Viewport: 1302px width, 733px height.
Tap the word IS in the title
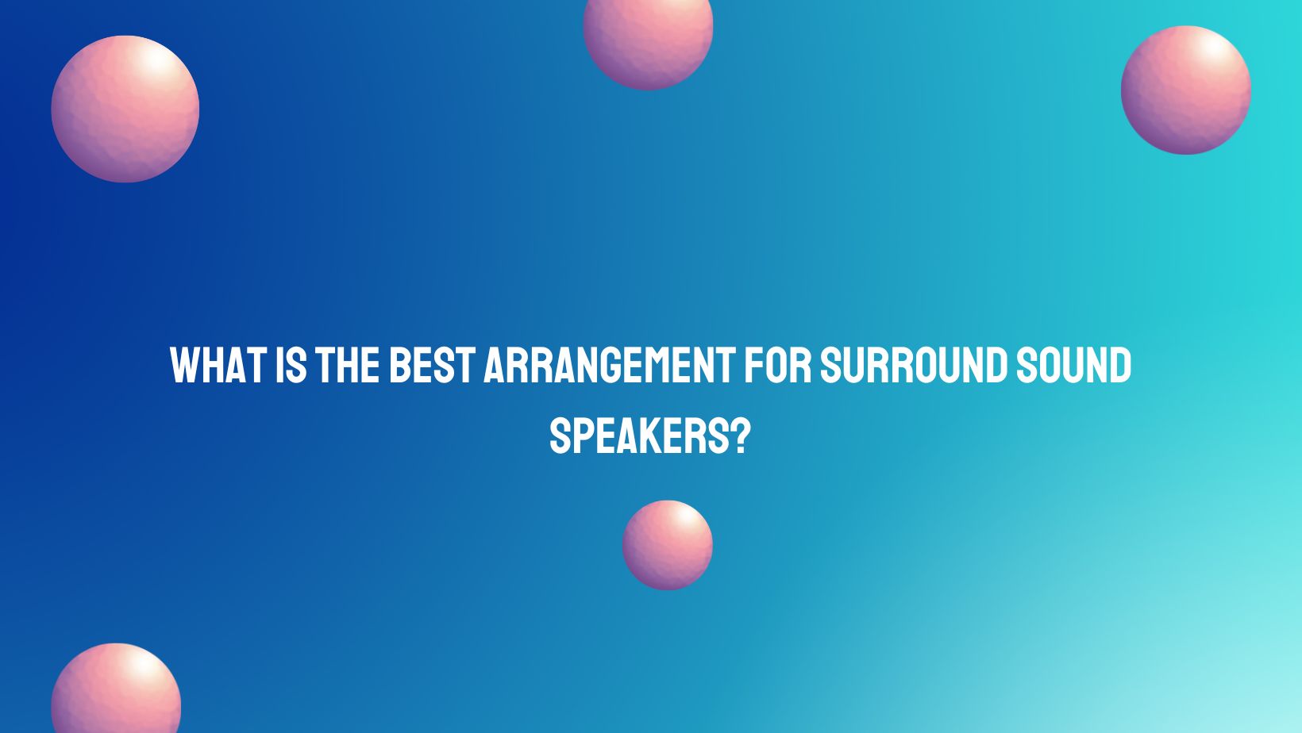[x=291, y=366]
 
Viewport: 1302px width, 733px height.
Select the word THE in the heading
[x=346, y=366]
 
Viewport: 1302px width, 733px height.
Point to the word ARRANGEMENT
[x=608, y=366]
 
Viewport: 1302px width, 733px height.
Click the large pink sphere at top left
[x=125, y=109]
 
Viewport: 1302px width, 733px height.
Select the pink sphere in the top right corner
[x=1185, y=90]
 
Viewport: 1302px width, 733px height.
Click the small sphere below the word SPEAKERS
[x=667, y=545]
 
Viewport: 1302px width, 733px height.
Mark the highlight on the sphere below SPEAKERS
[x=689, y=519]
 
